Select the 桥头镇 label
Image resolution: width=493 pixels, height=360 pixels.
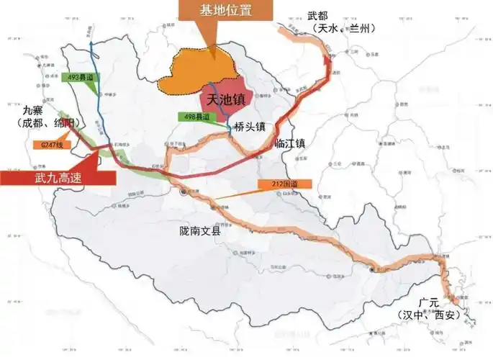250,126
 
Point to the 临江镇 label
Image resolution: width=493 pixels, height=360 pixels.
290,143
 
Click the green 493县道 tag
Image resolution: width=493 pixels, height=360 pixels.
83,76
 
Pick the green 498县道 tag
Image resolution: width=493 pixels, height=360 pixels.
197,117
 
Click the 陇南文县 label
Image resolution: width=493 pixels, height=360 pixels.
203,232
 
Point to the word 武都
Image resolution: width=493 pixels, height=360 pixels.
318,14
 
